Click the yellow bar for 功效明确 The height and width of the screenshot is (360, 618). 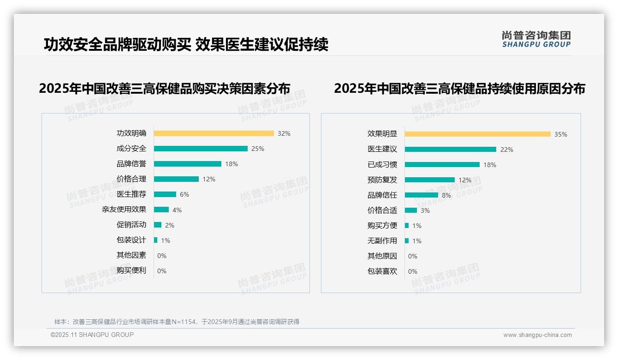214,133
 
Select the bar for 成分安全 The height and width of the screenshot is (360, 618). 201,149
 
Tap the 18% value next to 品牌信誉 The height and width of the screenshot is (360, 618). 232,164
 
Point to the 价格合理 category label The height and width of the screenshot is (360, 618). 131,179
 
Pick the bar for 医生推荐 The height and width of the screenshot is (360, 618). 165,194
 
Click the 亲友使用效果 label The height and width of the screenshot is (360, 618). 124,210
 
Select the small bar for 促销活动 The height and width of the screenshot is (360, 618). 158,225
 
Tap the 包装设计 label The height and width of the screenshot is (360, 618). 131,240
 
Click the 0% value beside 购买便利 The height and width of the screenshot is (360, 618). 162,271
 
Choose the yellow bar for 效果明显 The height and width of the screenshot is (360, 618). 477,134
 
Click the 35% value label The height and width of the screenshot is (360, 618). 561,134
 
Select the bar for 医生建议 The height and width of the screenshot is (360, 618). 451,150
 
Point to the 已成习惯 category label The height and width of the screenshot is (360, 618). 382,165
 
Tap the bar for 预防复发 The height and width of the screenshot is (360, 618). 430,180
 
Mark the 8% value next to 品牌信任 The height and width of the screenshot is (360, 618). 446,195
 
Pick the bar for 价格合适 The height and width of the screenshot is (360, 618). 411,210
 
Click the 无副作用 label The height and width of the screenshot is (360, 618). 382,241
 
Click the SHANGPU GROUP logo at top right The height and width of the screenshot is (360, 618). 536,39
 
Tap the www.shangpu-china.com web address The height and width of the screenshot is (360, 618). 537,335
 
